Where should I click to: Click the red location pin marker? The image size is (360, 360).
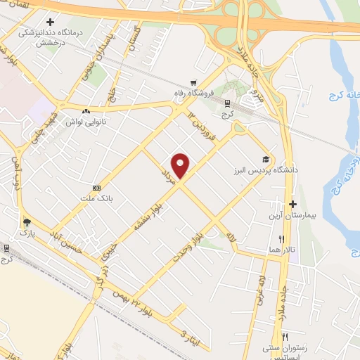(x=181, y=166)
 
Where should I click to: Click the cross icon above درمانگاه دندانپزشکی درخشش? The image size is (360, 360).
(x=49, y=22)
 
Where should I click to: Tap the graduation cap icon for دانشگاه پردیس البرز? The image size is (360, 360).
(x=265, y=158)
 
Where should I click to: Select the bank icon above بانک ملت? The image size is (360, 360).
(x=96, y=188)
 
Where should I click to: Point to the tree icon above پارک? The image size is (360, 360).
(x=27, y=220)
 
